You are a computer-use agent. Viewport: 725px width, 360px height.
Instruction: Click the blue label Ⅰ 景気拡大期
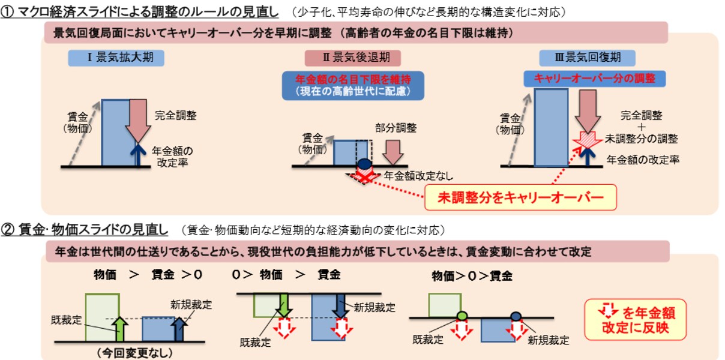click(116, 58)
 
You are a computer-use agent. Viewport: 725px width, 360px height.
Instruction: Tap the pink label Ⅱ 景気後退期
click(352, 58)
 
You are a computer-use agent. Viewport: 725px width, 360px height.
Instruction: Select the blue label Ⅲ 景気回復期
click(587, 58)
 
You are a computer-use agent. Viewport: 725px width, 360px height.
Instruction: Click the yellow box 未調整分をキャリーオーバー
click(520, 197)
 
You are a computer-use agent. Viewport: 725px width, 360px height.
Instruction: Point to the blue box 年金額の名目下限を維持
click(353, 86)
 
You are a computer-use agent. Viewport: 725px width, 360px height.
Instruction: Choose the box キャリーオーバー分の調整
click(595, 79)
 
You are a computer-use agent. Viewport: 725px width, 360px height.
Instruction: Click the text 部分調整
click(396, 128)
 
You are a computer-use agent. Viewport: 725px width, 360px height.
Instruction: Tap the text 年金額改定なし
click(418, 176)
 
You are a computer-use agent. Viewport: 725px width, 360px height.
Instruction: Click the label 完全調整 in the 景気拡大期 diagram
click(175, 115)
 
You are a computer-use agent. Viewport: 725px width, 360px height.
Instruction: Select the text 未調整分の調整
click(641, 139)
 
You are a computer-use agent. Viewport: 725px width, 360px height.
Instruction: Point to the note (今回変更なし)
click(134, 353)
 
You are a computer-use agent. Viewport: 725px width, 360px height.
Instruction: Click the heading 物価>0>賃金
click(472, 276)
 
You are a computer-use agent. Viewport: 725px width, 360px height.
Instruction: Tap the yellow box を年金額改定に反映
click(636, 320)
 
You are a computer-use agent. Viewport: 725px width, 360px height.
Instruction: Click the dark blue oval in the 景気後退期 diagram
click(365, 164)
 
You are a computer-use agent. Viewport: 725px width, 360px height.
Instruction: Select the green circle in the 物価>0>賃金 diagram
click(462, 316)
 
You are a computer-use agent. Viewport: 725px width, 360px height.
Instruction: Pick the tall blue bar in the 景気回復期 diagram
click(551, 127)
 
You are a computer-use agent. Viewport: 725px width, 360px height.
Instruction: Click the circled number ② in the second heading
click(7, 230)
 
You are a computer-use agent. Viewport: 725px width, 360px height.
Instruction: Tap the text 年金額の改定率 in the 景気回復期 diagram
click(643, 160)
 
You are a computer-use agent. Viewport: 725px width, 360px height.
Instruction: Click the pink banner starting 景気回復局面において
click(356, 32)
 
